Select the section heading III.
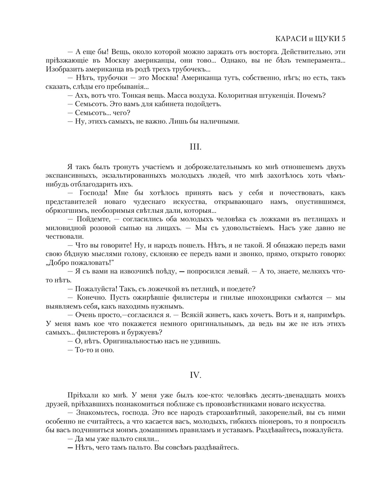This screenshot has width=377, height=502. (x=195, y=147)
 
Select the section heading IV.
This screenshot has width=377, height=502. (x=195, y=375)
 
